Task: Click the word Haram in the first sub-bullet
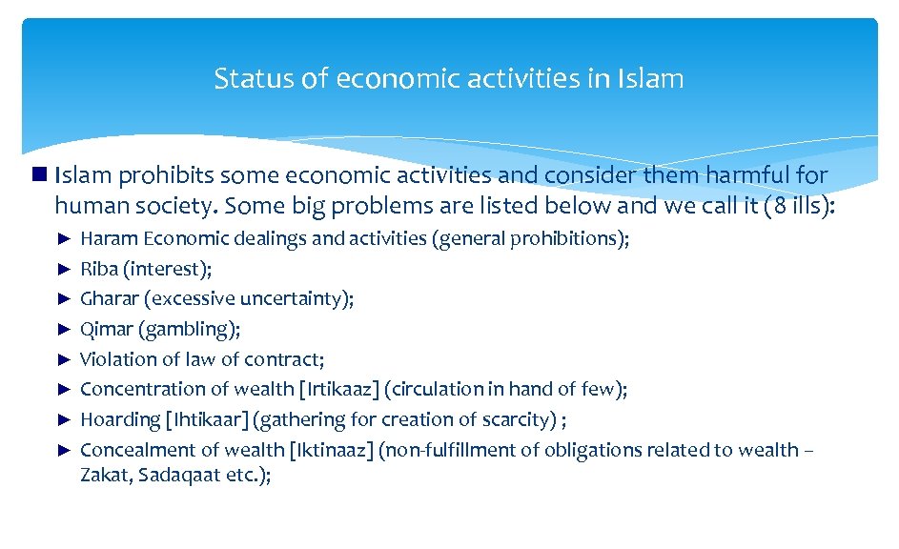point(108,238)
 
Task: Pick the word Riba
point(98,269)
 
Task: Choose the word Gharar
point(110,298)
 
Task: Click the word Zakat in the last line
point(105,476)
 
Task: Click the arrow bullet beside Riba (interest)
point(65,269)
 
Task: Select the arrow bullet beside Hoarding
point(65,419)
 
